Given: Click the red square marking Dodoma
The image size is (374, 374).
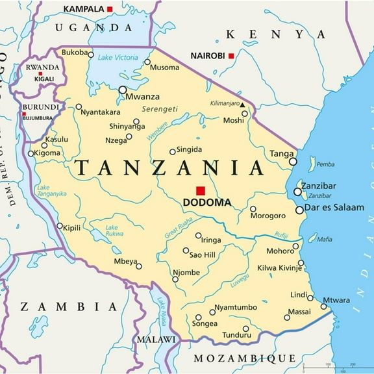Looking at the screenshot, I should click(201, 190).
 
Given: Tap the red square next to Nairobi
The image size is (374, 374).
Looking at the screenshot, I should click(231, 56).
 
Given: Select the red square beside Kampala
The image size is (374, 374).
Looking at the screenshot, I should click(110, 9).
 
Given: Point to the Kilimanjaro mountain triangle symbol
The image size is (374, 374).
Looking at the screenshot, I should click(242, 104).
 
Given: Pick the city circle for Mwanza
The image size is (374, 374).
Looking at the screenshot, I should click(123, 90).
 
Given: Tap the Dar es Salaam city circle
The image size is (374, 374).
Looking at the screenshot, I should click(299, 210).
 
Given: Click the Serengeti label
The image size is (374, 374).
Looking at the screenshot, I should click(160, 109).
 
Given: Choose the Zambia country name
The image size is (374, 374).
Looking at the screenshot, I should click(68, 306).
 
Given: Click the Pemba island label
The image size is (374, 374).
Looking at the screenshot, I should click(326, 164).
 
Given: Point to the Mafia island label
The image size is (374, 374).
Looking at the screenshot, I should click(325, 239).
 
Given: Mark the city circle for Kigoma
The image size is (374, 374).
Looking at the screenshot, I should click(31, 154).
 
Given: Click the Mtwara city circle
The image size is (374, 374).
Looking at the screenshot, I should click(323, 306).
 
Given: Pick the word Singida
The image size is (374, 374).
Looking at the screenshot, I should click(189, 150).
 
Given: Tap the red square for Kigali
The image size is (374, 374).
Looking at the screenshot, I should click(40, 74).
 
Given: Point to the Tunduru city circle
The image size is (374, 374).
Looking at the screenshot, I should click(245, 329).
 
